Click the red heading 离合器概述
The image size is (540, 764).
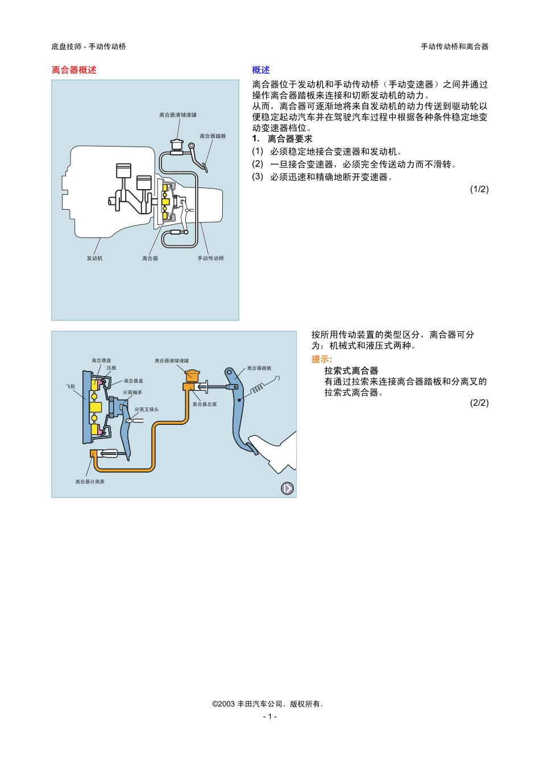(x=74, y=70)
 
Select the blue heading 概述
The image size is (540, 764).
(x=261, y=70)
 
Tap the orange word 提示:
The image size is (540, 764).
(x=322, y=359)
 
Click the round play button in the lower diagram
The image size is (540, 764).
(x=288, y=489)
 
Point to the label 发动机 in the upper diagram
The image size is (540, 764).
(x=94, y=258)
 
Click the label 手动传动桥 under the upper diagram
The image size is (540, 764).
(x=210, y=258)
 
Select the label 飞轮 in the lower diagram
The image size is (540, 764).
(x=70, y=386)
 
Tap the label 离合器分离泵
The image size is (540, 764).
(x=90, y=482)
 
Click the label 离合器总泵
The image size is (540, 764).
(x=205, y=404)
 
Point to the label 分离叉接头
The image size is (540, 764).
(x=147, y=410)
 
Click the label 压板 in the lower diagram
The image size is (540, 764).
(x=111, y=368)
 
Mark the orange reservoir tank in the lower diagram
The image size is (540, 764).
(x=192, y=375)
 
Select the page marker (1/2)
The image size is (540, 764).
(x=479, y=189)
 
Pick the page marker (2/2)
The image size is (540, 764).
(x=479, y=403)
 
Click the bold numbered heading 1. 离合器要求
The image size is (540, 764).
(x=283, y=139)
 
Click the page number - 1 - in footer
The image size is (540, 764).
(x=270, y=716)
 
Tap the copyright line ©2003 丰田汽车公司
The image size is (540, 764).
(x=269, y=704)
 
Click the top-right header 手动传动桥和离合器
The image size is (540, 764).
(x=454, y=47)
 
